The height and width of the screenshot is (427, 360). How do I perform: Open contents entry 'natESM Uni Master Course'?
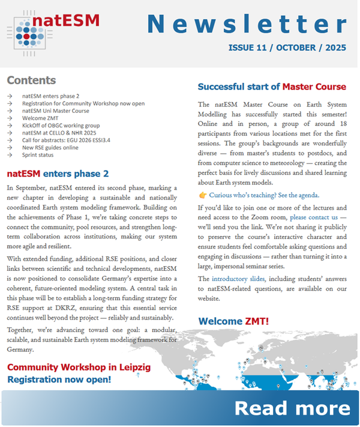click(56, 111)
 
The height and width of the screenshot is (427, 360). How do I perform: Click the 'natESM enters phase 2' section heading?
click(58, 174)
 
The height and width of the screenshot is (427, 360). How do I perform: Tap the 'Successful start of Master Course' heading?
click(272, 86)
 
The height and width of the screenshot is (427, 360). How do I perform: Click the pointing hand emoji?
click(203, 195)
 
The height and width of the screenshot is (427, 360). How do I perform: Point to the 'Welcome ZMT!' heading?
click(233, 321)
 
